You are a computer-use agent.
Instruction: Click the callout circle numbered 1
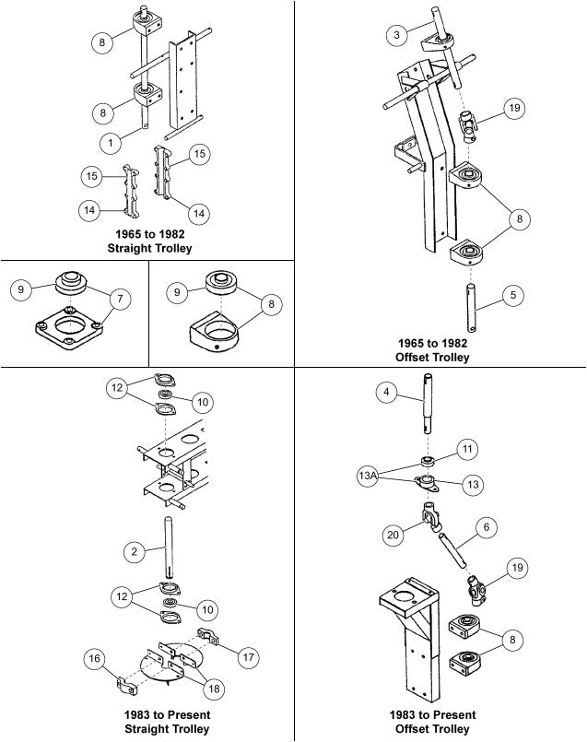pyautogui.click(x=111, y=143)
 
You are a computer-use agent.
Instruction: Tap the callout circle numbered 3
pyautogui.click(x=396, y=35)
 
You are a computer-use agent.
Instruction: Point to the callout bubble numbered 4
pyautogui.click(x=387, y=393)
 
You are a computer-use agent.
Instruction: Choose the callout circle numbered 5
pyautogui.click(x=514, y=296)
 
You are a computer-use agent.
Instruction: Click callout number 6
pyautogui.click(x=486, y=526)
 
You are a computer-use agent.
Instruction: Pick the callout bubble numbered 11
pyautogui.click(x=467, y=449)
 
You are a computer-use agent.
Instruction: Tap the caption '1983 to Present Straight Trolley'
pyautogui.click(x=168, y=722)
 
